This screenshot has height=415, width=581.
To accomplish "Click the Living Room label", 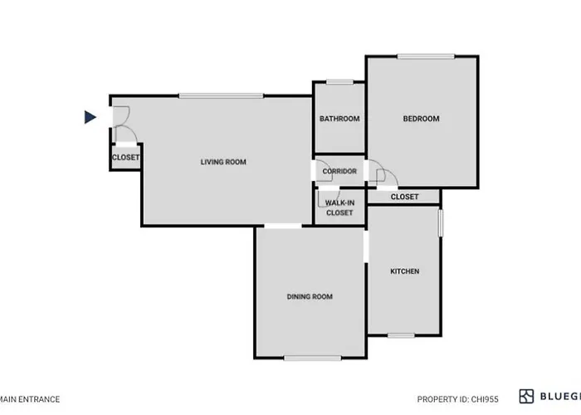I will (223, 162).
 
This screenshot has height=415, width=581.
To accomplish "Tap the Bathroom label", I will (339, 119).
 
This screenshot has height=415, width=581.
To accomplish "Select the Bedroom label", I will (421, 119).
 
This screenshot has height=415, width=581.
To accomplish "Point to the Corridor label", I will (339, 172).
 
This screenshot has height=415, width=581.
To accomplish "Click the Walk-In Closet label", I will (339, 207).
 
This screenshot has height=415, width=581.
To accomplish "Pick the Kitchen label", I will (404, 271).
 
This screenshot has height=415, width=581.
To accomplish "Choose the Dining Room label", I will (310, 297).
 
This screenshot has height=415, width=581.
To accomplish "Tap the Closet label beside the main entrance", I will (126, 157).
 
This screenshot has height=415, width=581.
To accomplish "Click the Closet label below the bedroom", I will (404, 197).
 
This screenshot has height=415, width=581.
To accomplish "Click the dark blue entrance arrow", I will (90, 117).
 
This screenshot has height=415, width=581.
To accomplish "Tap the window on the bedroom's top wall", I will (425, 56).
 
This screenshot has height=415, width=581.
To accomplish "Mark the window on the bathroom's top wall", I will (339, 81).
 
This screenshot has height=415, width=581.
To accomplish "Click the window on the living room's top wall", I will (221, 95).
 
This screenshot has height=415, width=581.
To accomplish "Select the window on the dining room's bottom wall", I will (313, 358).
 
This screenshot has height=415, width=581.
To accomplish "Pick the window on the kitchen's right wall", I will (440, 225).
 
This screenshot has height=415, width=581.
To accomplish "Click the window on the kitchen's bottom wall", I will (401, 335).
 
